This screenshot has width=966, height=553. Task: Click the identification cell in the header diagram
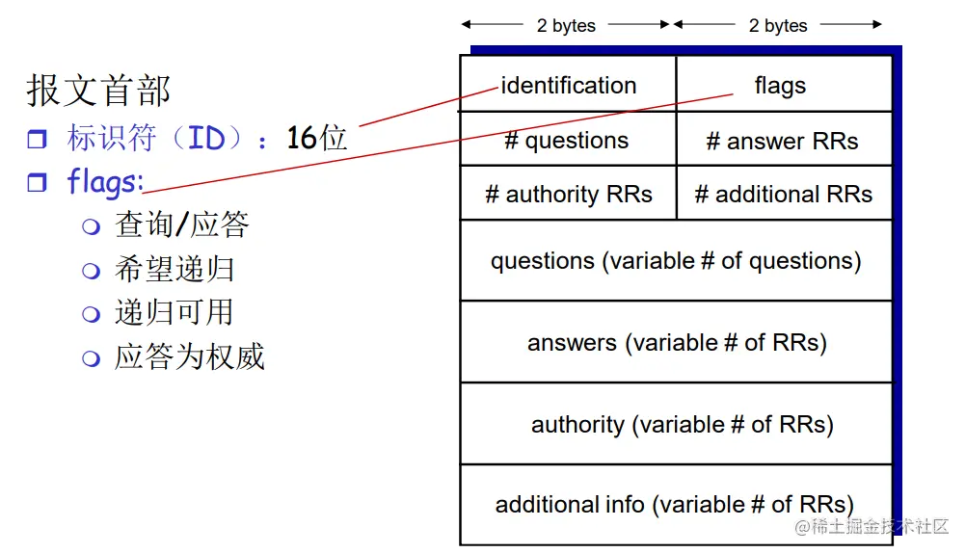click(569, 86)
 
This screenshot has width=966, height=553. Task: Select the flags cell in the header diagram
click(780, 86)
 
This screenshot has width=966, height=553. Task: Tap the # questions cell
click(567, 141)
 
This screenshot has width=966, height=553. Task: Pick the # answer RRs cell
click(782, 141)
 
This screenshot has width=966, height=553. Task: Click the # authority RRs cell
click(568, 194)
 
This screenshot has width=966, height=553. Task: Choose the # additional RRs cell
click(783, 194)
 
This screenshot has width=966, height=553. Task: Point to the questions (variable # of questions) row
click(676, 261)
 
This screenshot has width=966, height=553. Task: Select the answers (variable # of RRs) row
click(676, 343)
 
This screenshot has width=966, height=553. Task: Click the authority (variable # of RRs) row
click(682, 424)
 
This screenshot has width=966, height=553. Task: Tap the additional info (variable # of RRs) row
click(674, 504)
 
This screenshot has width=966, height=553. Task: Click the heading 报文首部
click(98, 92)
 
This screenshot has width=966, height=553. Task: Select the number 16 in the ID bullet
click(302, 138)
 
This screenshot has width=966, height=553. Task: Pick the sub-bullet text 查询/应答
click(182, 224)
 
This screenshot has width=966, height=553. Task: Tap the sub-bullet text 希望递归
click(174, 269)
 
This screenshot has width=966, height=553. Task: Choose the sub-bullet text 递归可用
click(174, 312)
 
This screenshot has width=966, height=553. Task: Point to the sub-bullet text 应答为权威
click(190, 356)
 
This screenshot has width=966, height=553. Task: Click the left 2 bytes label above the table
click(566, 25)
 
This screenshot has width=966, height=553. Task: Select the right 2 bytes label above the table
click(778, 25)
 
